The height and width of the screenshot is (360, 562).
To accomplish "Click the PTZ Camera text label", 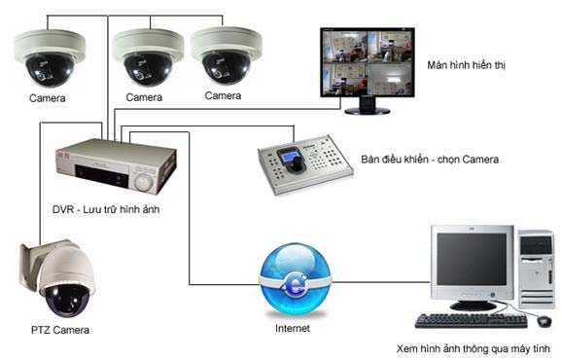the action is tap(59, 331).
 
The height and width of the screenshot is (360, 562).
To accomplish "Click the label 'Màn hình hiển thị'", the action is tap(466, 65).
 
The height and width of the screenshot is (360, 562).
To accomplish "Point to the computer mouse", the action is tap(544, 319).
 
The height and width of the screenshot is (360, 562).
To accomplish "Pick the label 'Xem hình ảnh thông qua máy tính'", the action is tap(474, 348).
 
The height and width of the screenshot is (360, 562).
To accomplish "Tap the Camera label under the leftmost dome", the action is tap(48, 99).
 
